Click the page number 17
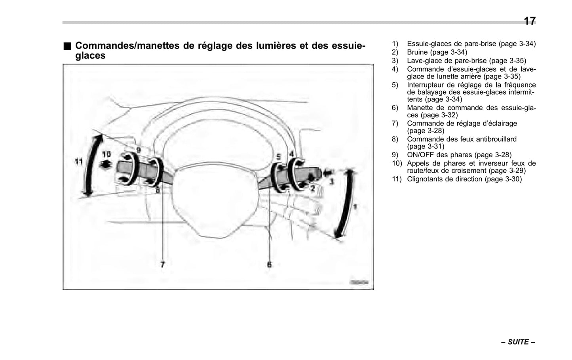click(529, 21)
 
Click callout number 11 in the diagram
click(78, 161)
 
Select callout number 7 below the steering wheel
click(162, 264)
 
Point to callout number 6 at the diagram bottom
click(269, 264)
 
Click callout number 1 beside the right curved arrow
click(355, 207)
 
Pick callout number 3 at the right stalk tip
click(332, 182)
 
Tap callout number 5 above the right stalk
click(278, 158)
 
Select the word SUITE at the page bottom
click(518, 342)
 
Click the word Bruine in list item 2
click(417, 52)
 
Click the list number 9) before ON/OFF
click(395, 155)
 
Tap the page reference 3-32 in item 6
click(446, 115)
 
